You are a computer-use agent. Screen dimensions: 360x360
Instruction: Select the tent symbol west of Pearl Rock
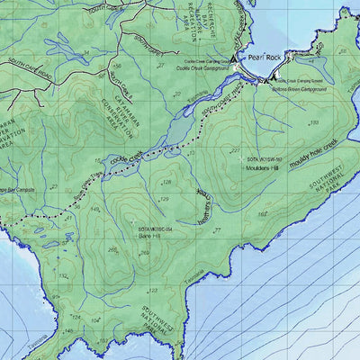click(x=233, y=58)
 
